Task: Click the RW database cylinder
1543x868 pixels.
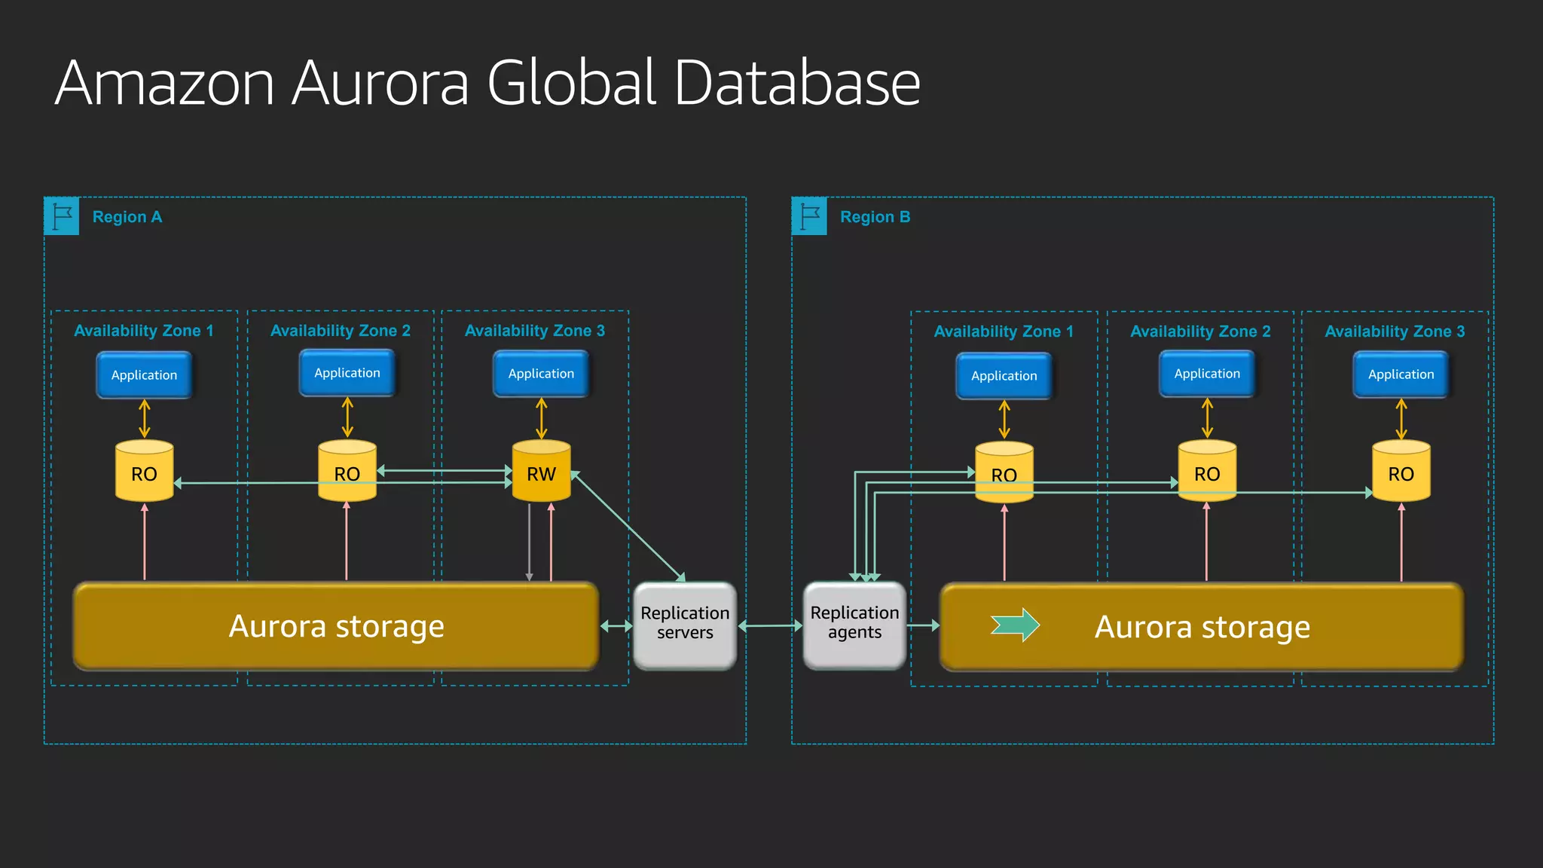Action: [x=541, y=472]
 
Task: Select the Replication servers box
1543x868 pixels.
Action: [x=685, y=624]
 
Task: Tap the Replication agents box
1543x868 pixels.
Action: [x=854, y=624]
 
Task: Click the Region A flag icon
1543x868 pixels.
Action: [x=62, y=216]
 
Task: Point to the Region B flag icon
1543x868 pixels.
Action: [x=809, y=216]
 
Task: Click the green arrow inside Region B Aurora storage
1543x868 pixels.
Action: [x=1015, y=625]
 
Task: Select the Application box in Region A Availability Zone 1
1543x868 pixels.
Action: [x=144, y=375]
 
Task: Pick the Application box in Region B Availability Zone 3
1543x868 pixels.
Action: [x=1401, y=374]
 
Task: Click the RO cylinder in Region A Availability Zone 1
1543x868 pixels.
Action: [x=144, y=472]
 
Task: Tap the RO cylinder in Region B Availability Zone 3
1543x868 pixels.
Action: [x=1401, y=472]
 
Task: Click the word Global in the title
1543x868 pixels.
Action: [x=572, y=83]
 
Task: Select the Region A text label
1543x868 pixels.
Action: [x=127, y=217]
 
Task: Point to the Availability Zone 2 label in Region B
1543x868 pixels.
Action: [x=1200, y=332]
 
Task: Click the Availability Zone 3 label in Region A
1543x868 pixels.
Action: [x=534, y=331]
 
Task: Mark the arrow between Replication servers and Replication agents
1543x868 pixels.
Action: [x=770, y=625]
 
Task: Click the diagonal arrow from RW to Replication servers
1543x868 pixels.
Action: [x=628, y=527]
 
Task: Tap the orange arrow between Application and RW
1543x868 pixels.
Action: [x=541, y=419]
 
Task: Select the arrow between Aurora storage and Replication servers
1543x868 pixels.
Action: [x=616, y=625]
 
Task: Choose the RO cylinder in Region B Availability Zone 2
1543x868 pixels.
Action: [x=1207, y=472]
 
